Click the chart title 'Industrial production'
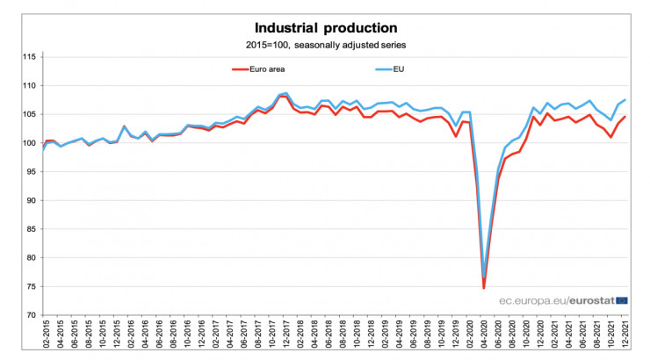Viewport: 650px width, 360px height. [x=325, y=27]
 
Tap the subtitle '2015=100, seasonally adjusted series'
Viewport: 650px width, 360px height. [x=325, y=44]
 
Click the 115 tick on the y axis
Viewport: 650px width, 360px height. [x=29, y=57]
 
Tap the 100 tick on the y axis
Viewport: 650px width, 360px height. [x=29, y=143]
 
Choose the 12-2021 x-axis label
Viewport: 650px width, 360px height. [x=625, y=336]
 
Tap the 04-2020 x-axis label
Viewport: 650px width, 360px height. [x=484, y=336]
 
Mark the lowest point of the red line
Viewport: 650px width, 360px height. [x=484, y=287]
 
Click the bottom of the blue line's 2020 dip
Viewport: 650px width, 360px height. [x=485, y=275]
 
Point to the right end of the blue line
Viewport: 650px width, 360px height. [x=625, y=100]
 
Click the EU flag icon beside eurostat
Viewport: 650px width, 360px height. [x=622, y=300]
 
